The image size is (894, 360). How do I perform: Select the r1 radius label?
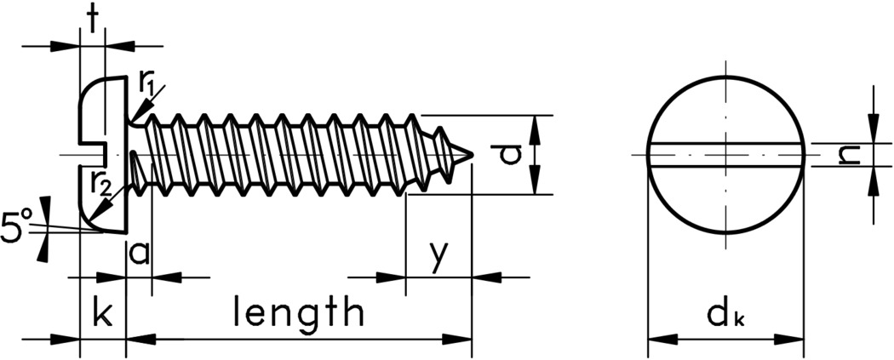tap(146, 83)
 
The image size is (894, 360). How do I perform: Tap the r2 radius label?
tap(100, 184)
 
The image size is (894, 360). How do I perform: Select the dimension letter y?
tap(438, 254)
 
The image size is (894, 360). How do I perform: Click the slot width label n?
tap(846, 154)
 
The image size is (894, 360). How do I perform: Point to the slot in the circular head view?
tap(725, 155)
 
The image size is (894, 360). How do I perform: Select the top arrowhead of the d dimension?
tap(535, 124)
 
